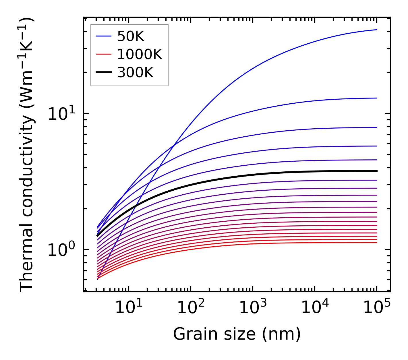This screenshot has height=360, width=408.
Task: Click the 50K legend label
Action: coord(130,36)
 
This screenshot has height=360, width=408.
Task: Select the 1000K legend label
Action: coord(140,55)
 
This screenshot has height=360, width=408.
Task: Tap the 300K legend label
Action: coord(135,73)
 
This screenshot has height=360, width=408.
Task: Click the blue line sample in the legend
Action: coord(104,36)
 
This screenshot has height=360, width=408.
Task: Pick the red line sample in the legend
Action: coord(104,54)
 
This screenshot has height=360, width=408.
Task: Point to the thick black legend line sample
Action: coord(104,73)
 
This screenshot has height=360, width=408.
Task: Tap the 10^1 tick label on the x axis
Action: coord(128,308)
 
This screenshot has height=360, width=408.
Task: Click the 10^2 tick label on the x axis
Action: coord(191,308)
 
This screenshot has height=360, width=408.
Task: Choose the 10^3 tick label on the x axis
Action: coord(253,308)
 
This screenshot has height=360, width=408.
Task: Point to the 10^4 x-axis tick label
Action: coord(315,308)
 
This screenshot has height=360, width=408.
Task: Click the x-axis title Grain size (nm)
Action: coord(237,334)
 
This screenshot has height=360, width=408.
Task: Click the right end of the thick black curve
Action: coord(376,171)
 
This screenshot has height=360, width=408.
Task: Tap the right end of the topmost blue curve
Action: coord(376,30)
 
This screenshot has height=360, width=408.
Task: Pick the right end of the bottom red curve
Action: coord(376,243)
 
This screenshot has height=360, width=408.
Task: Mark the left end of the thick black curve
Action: coord(98,236)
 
